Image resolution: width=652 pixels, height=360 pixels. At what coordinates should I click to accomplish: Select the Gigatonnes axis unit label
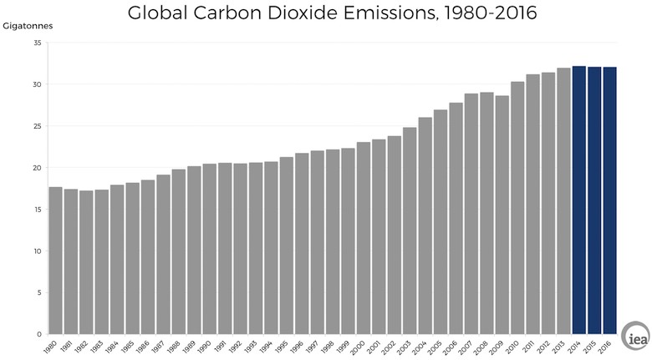click(28, 27)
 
